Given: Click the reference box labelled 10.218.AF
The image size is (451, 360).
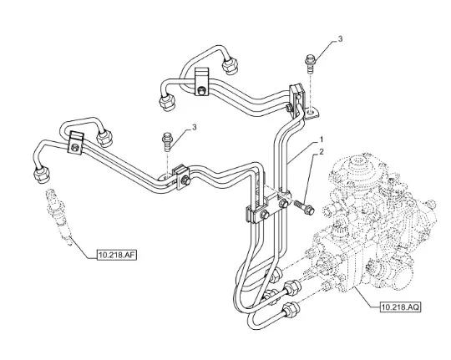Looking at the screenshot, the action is pyautogui.click(x=117, y=255).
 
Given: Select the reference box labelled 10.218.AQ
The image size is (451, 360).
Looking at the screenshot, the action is pyautogui.click(x=400, y=307).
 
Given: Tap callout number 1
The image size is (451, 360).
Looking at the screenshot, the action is pyautogui.click(x=322, y=139).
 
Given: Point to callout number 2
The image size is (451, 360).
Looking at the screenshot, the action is pyautogui.click(x=322, y=152).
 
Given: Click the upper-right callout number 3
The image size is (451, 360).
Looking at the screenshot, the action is pyautogui.click(x=340, y=39).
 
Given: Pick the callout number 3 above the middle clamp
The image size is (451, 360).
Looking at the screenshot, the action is pyautogui.click(x=195, y=127).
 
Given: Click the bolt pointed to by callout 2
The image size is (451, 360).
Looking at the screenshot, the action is pyautogui.click(x=304, y=208).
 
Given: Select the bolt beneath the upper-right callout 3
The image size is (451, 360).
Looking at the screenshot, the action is pyautogui.click(x=310, y=63).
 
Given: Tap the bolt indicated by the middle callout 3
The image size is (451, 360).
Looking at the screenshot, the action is pyautogui.click(x=167, y=142).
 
